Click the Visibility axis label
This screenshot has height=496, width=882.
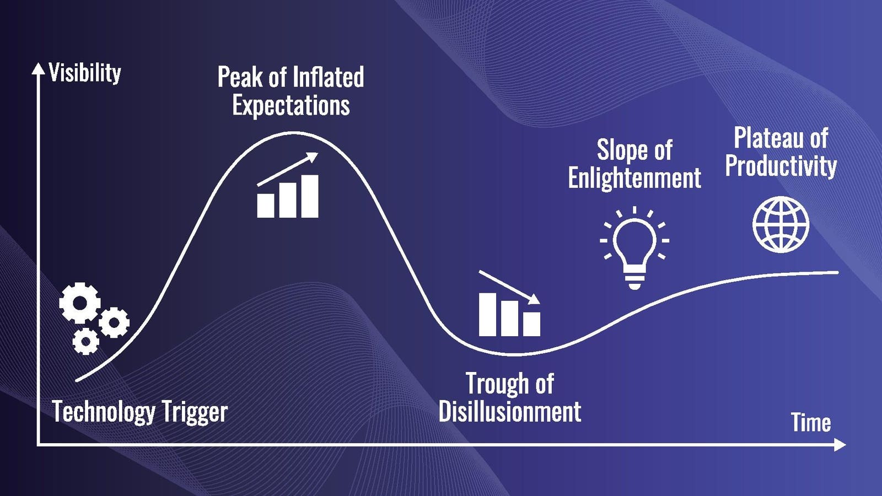pos(85,73)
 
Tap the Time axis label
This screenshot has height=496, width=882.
pos(811,422)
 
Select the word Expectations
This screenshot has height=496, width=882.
pos(291,105)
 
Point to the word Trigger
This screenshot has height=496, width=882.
pos(195,412)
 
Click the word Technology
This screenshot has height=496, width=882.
pos(104,412)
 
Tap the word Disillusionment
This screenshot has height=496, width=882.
pos(510,411)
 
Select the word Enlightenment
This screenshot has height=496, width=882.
pos(634,178)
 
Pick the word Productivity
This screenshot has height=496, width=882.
pos(781,166)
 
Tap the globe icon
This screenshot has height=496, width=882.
pos(781,224)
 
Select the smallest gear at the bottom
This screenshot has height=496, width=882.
pos(85,341)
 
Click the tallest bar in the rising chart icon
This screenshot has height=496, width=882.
pos(310,196)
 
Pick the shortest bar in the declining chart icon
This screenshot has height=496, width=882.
pos(531,324)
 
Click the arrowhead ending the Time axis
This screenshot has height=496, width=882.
pos(840,446)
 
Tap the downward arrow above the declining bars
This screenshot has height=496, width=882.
pos(509,287)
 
